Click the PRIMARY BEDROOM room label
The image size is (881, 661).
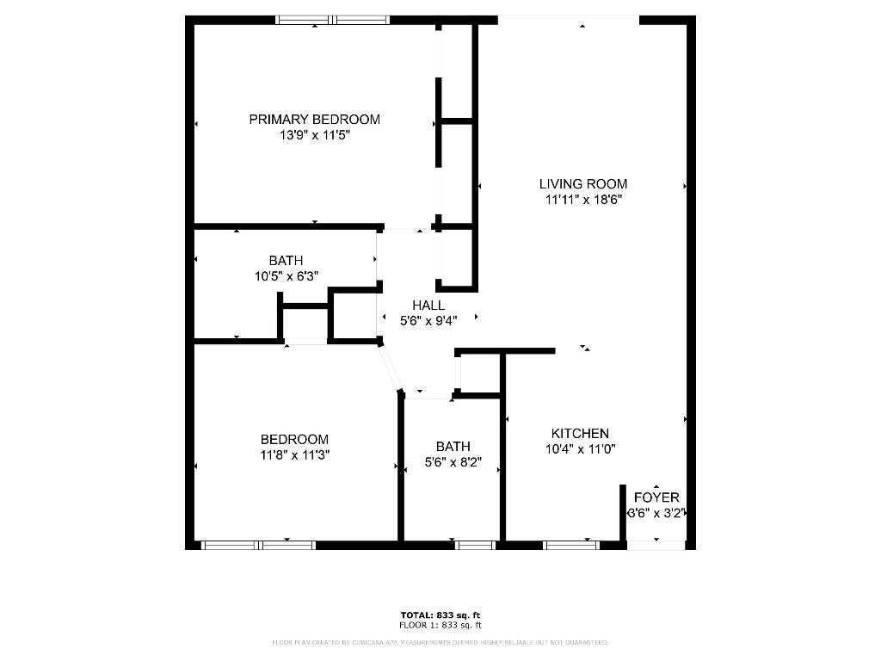click(x=314, y=119)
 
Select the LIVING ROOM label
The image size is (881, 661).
click(x=582, y=183)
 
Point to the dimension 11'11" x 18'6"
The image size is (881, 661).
click(x=582, y=199)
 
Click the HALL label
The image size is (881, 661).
click(x=428, y=305)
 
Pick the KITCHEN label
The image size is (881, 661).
click(x=580, y=433)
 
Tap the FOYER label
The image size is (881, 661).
click(x=656, y=497)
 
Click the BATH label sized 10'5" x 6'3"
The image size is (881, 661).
click(x=286, y=260)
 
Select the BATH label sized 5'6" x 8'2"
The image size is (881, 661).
click(x=453, y=446)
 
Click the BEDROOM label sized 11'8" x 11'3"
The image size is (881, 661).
click(x=295, y=439)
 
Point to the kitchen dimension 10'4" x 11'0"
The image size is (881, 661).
click(x=580, y=448)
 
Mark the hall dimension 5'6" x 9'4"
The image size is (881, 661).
click(x=428, y=320)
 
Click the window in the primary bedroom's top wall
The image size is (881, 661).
click(x=332, y=20)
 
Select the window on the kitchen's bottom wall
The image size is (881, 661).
click(x=571, y=545)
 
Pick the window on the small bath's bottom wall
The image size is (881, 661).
click(x=476, y=545)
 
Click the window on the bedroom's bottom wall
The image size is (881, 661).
click(x=258, y=545)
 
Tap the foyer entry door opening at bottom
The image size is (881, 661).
click(x=656, y=545)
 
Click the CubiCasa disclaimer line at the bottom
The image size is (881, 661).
click(x=440, y=642)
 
